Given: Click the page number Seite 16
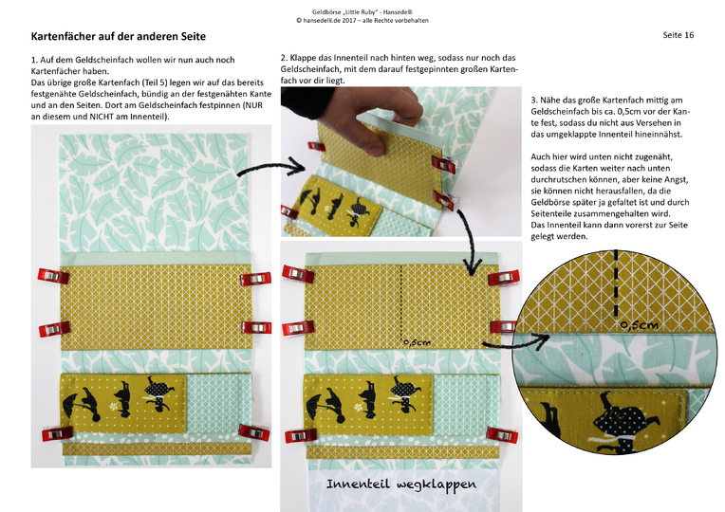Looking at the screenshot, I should [679, 35].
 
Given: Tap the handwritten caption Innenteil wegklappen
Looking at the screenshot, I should [401, 484].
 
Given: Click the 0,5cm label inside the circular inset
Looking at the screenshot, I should [638, 325].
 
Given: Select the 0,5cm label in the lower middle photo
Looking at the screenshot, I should [416, 342].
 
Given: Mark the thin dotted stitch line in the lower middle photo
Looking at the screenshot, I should [401, 303].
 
